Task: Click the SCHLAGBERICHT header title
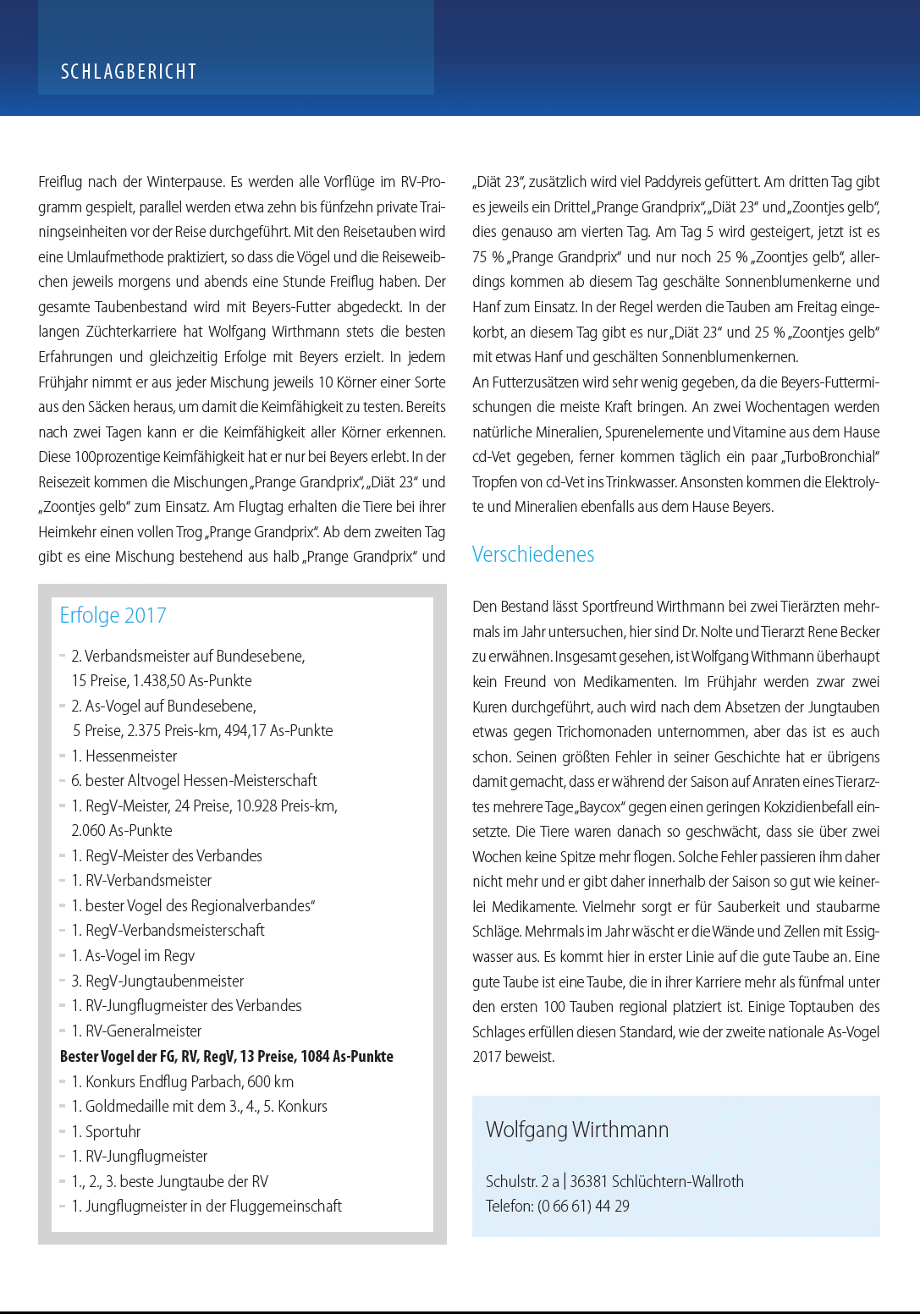click(x=129, y=72)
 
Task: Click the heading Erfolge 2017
click(x=113, y=615)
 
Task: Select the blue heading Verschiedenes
click(x=533, y=554)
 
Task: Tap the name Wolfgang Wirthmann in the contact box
click(x=577, y=1130)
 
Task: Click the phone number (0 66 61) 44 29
click(x=583, y=1206)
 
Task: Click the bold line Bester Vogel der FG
click(x=226, y=1056)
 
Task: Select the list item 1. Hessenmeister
click(x=124, y=756)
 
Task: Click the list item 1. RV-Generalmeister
click(x=136, y=1031)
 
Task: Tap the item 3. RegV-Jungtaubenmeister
click(x=157, y=981)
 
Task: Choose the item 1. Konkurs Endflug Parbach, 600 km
click(x=182, y=1081)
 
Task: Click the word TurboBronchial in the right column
click(x=830, y=457)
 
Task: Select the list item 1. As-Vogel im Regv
click(x=133, y=955)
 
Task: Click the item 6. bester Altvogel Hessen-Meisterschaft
click(x=194, y=780)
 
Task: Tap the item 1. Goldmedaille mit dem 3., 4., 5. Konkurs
click(x=199, y=1106)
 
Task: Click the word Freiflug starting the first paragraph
click(x=60, y=182)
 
